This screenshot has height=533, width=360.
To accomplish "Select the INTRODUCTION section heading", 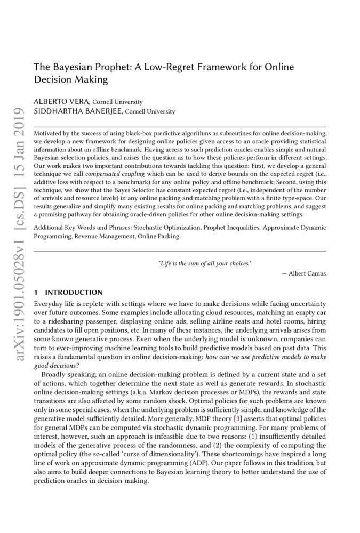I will pos(74,293).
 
